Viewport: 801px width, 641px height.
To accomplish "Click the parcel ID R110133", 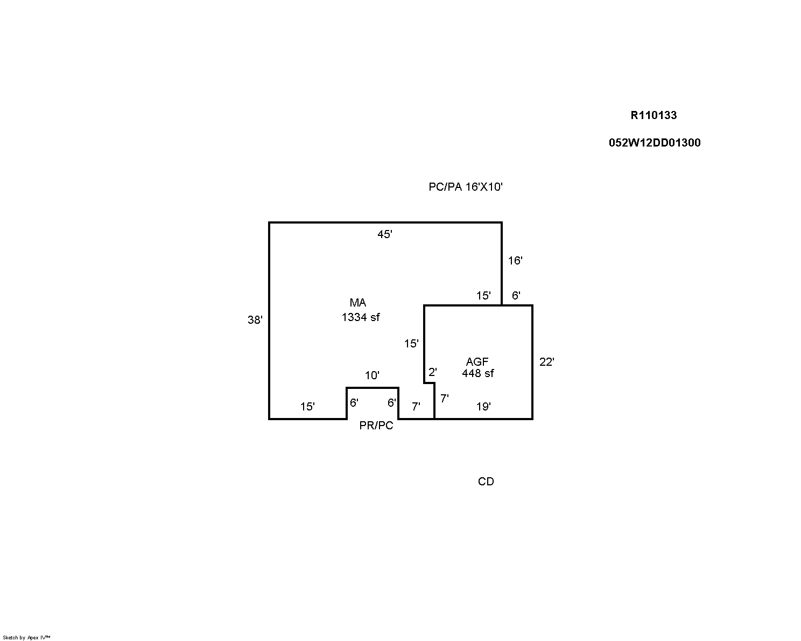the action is [653, 115].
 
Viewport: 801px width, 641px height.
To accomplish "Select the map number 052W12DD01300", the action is [655, 143].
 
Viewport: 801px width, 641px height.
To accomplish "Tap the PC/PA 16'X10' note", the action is [465, 186].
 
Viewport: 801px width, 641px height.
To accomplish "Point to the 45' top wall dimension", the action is [384, 234].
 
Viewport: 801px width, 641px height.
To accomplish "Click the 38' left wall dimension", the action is [255, 320].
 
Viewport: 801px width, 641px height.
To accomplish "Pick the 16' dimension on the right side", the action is [515, 261].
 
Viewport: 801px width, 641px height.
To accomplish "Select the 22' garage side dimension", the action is [546, 362].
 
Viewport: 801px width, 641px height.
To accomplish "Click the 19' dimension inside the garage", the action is [483, 407].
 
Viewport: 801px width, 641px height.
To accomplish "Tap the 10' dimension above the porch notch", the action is [372, 375].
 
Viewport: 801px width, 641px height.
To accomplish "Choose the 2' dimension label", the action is [432, 372].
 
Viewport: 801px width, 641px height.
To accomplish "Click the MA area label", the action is [357, 302].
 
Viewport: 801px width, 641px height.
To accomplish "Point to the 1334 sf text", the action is [360, 317].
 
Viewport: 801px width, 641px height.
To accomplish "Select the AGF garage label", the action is [477, 361].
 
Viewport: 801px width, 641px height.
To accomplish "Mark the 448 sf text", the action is [478, 373].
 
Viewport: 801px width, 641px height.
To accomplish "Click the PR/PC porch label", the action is [376, 426].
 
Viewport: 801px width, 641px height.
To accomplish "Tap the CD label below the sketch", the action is [486, 482].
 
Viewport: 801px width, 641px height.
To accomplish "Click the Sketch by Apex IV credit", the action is [26, 638].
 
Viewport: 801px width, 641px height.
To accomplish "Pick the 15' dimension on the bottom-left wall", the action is [307, 407].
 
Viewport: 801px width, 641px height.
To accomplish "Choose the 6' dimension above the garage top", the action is [516, 296].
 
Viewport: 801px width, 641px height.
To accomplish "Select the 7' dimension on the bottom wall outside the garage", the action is [416, 407].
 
